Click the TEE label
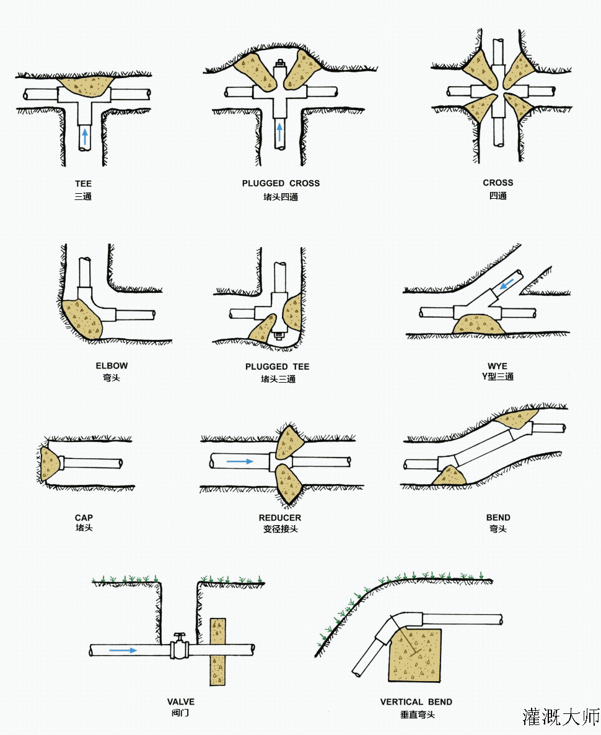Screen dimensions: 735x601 pyautogui.click(x=83, y=184)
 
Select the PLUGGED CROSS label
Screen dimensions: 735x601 pyautogui.click(x=281, y=183)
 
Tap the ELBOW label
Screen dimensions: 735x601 pyautogui.click(x=112, y=365)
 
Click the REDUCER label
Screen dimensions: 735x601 pyautogui.click(x=280, y=518)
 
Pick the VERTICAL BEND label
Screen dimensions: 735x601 pyautogui.click(x=416, y=702)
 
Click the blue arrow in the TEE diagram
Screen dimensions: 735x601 pyautogui.click(x=85, y=136)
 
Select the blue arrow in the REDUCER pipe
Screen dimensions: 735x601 pyautogui.click(x=240, y=461)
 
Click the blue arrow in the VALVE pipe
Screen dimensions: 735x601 pyautogui.click(x=123, y=650)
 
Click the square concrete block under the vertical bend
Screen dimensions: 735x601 pyautogui.click(x=415, y=656)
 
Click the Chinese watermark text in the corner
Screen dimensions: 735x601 pyautogui.click(x=561, y=716)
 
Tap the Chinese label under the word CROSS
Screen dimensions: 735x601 pyautogui.click(x=498, y=196)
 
